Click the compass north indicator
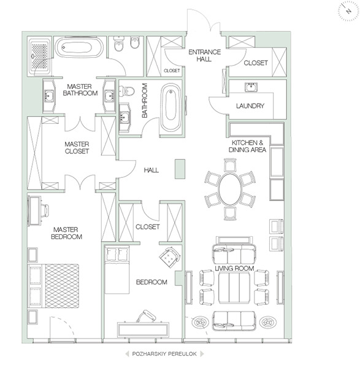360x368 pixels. [348, 11]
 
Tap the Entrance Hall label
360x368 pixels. [204, 55]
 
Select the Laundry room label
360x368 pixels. [250, 106]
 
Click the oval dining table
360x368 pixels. [229, 189]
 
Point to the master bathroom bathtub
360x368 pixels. [79, 47]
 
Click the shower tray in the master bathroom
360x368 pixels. [39, 56]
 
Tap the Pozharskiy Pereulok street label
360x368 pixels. [164, 354]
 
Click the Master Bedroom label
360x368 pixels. [66, 233]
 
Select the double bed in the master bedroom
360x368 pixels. [53, 286]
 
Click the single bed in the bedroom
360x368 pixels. [117, 270]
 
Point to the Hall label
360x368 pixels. [151, 170]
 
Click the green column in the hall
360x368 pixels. [180, 169]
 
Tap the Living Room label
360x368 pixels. [234, 268]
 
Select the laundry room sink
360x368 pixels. [251, 87]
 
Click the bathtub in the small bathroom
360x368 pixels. [170, 107]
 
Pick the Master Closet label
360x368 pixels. [77, 148]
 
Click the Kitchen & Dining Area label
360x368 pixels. [247, 146]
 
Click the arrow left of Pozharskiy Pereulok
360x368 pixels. [127, 354]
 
